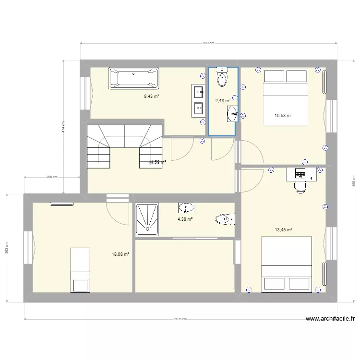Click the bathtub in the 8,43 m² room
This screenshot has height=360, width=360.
click(x=134, y=79)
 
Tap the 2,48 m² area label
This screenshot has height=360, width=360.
click(x=222, y=101)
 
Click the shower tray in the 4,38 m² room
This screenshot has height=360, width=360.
click(x=147, y=219)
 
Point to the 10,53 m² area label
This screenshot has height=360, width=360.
click(x=283, y=115)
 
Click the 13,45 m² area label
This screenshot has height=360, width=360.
click(x=283, y=230)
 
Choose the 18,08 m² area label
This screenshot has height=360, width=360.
click(x=120, y=254)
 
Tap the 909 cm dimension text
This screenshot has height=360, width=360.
click(x=208, y=43)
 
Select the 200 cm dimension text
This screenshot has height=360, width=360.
click(x=52, y=177)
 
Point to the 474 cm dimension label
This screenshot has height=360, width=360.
click(x=63, y=127)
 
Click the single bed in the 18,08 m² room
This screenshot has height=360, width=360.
click(x=80, y=270)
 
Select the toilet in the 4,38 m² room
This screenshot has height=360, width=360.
click(x=225, y=220)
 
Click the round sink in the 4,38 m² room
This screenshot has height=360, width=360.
click(x=186, y=207)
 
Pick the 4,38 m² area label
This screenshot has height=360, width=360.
click(x=185, y=219)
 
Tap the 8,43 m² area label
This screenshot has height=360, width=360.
click(x=152, y=96)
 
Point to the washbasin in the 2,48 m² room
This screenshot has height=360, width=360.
click(x=232, y=113)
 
